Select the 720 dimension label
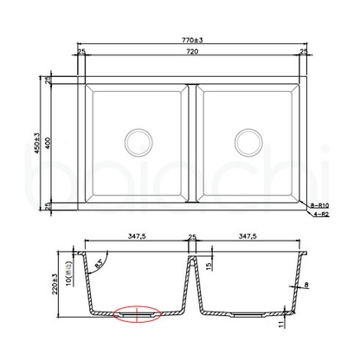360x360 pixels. point(191,54)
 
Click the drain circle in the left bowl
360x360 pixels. point(137,140)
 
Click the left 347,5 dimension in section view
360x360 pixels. point(134,235)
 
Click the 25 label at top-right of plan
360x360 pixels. point(303,54)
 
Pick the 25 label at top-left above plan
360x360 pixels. point(80,54)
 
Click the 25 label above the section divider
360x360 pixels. point(191,235)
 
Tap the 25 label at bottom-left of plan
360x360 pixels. point(49,205)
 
